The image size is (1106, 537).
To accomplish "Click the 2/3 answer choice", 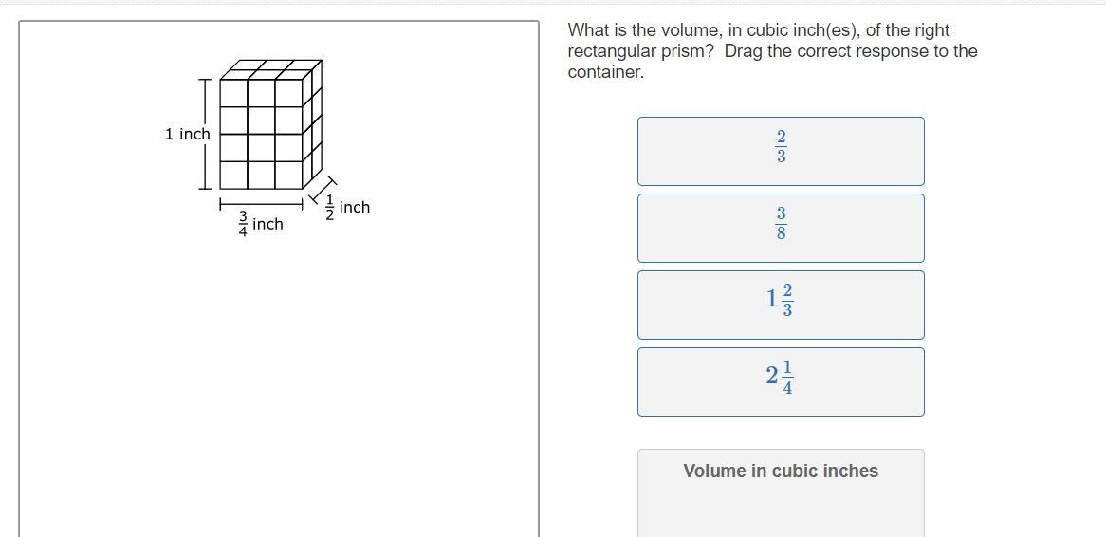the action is point(781,151).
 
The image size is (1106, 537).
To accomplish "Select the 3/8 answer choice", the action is point(781,228).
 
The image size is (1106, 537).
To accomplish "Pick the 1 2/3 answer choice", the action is point(781,305).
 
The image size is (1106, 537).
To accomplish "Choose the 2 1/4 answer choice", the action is point(781,381).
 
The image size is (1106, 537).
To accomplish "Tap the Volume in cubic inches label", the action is point(781,471).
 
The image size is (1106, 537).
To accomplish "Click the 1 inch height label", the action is point(188,134).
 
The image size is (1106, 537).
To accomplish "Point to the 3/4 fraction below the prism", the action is point(243,225).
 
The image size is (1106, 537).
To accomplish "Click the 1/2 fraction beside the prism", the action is point(329,208).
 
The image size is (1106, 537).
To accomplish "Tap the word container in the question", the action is point(606,72).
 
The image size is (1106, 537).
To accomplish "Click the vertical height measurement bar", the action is point(205,134).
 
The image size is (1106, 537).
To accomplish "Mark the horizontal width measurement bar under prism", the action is point(261,205).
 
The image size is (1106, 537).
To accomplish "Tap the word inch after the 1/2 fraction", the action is point(354,207).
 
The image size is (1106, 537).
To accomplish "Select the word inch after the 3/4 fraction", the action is point(267,224).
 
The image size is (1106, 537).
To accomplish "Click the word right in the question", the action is point(931,30).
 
